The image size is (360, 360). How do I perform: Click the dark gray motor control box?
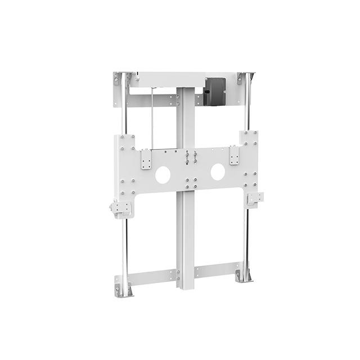pyautogui.click(x=214, y=91)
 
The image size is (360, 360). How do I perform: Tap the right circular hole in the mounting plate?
pyautogui.click(x=218, y=172)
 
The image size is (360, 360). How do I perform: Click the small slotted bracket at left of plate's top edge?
pyautogui.click(x=146, y=159)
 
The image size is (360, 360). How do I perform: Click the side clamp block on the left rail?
pyautogui.click(x=120, y=209)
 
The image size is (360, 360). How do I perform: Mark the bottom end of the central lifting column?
pyautogui.click(x=185, y=287)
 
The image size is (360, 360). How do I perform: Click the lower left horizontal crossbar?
pyautogui.click(x=152, y=277)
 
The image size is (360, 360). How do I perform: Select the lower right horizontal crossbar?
pyautogui.click(x=217, y=269)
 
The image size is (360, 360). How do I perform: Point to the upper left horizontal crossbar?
pyautogui.click(x=150, y=100)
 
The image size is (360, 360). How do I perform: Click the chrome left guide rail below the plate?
pyautogui.click(x=124, y=247)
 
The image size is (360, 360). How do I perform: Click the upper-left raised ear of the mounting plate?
pyautogui.click(x=125, y=141)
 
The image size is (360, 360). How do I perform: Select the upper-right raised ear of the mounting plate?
pyautogui.click(x=248, y=137)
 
